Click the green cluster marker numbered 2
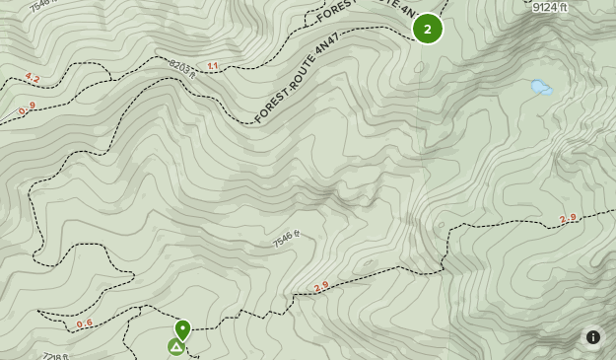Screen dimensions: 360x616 tap(427, 29)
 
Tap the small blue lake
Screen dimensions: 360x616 tap(540, 88)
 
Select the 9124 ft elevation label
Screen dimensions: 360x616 tap(549, 8)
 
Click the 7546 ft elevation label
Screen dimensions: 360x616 tap(285, 239)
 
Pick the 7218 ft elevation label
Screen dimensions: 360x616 tap(55, 355)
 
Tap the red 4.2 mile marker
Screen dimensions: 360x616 tap(33, 78)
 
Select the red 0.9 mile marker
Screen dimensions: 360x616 tap(27, 108)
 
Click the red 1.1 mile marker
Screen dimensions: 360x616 tap(212, 66)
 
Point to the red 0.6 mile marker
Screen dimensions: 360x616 tap(85, 323)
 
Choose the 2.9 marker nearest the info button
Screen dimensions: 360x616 tap(568, 219)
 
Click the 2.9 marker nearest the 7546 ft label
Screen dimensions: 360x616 tap(321, 287)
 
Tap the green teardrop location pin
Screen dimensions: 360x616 tap(182, 328)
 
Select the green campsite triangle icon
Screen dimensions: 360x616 tap(175, 346)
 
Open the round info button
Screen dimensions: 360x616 tap(592, 337)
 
